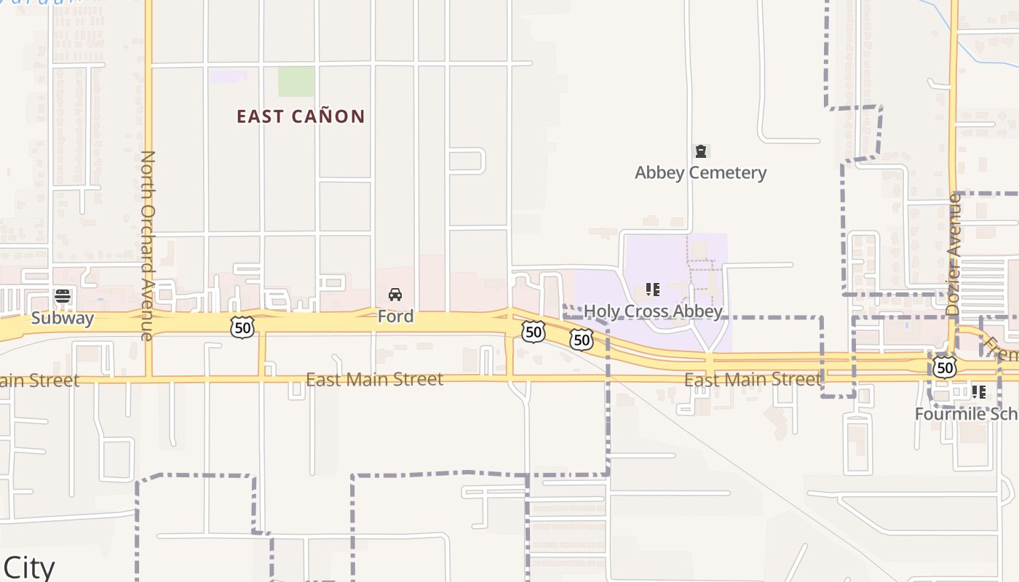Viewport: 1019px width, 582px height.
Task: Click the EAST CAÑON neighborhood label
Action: point(301,116)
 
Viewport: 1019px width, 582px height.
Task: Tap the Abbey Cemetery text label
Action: point(700,172)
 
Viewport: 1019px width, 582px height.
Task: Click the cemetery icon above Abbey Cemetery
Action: point(701,151)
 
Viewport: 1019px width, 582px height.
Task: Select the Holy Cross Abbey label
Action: point(653,311)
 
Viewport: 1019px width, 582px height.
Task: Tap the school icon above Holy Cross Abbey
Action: point(653,290)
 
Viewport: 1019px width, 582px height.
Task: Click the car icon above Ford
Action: point(395,295)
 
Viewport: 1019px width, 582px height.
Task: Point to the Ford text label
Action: point(395,316)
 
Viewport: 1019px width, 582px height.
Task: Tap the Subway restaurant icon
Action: point(63,297)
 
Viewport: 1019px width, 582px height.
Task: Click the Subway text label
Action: point(63,319)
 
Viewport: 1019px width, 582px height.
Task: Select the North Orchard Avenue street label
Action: point(148,245)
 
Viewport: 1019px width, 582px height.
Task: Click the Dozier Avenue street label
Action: point(953,254)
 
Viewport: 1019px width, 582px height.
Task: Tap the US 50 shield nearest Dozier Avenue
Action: point(945,367)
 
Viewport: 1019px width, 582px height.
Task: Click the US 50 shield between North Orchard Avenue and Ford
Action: point(242,327)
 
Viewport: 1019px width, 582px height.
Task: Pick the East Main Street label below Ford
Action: point(374,380)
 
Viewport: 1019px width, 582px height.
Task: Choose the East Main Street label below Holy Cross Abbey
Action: point(753,380)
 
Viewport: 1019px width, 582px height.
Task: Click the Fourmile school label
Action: point(967,414)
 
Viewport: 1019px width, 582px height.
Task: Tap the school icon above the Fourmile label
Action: point(979,392)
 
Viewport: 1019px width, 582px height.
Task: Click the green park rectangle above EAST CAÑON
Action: point(296,81)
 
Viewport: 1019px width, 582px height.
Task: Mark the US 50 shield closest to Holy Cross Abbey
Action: point(581,339)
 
